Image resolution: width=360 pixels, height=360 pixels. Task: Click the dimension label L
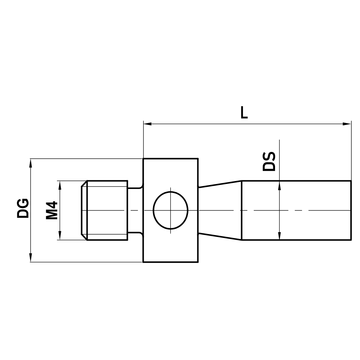tap(244, 113)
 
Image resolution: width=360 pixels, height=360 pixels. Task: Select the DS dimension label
tap(269, 161)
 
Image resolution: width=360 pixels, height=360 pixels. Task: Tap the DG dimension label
tap(23, 208)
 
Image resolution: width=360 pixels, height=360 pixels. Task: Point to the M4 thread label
tap(52, 210)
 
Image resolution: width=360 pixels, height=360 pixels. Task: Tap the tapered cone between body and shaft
tap(219, 210)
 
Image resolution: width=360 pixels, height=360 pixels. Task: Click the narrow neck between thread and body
tap(135, 210)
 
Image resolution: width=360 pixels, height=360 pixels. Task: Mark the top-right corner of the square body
tap(198, 158)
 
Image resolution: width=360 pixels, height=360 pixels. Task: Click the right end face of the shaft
tap(351, 210)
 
